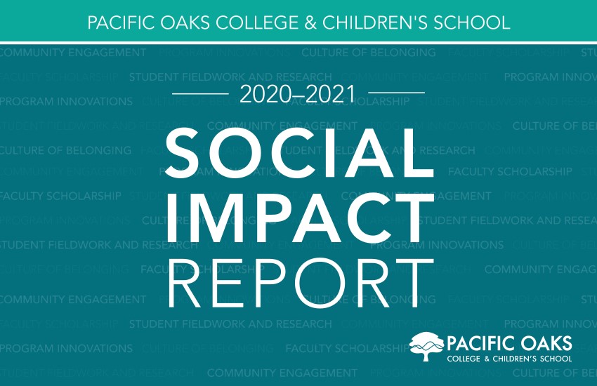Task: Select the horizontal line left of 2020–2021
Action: [200, 93]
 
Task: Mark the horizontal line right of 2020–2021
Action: [396, 93]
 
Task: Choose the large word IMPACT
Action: [298, 215]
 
